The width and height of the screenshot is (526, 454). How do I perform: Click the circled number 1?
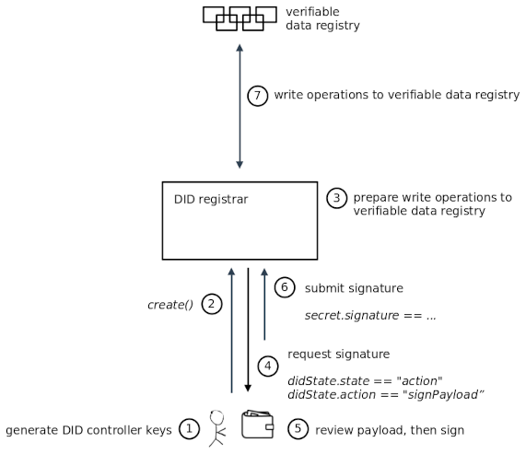point(189,429)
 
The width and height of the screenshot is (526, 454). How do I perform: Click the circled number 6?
point(286,287)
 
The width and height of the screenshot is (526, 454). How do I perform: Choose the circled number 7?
point(259,96)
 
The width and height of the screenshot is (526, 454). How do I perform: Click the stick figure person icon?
point(217,428)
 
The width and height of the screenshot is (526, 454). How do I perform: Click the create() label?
point(170,304)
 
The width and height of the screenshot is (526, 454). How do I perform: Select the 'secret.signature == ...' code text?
point(369,315)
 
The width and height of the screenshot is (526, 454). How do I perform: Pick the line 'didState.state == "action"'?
point(366,380)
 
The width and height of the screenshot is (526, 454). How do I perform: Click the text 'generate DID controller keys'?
point(88,430)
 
